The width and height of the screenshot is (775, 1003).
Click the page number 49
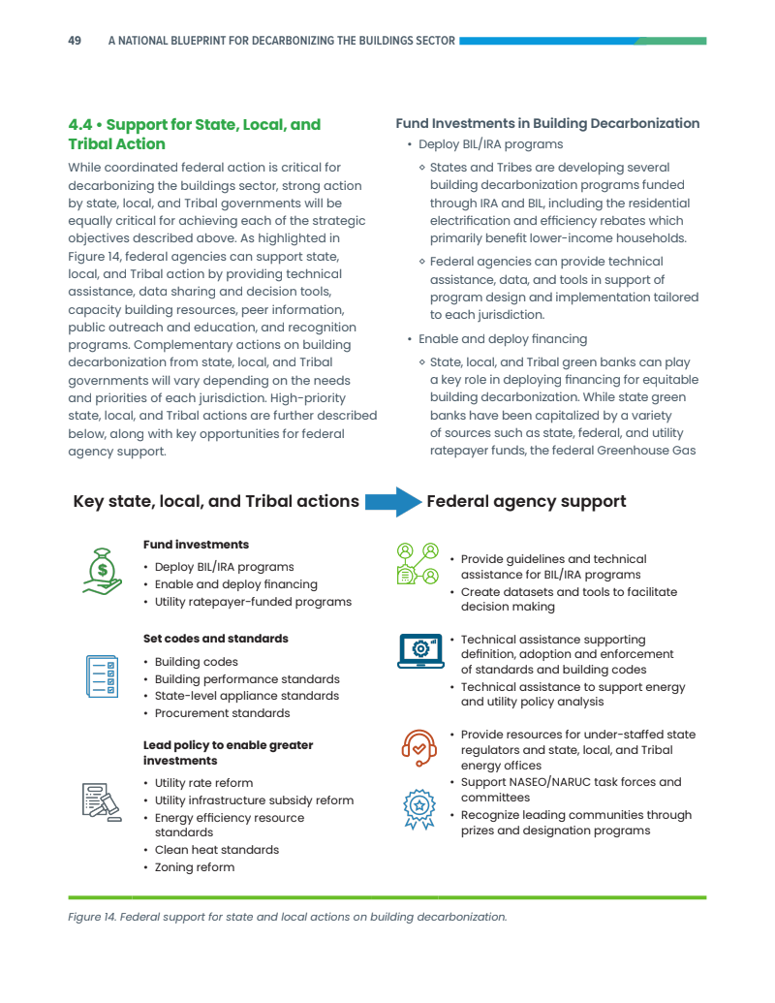pos(75,41)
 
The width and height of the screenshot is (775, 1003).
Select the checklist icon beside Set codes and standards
pos(102,675)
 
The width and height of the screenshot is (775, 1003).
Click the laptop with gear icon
pos(419,650)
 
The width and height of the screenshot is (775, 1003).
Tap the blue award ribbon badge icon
pos(418,809)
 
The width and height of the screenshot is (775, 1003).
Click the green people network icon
pos(418,564)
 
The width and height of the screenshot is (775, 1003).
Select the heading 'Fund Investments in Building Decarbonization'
pos(547,123)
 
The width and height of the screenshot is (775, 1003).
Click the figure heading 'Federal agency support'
pos(526,501)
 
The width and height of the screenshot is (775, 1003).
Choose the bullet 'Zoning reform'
pos(195,867)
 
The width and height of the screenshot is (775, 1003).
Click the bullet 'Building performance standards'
pos(247,679)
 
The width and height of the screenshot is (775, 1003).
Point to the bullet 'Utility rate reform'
pos(203,783)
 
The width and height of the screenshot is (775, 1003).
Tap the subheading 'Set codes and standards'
pos(215,639)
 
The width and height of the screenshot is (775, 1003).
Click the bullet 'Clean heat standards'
pos(217,850)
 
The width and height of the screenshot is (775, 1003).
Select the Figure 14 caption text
pos(287,916)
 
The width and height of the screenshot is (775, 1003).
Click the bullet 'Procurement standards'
pos(222,713)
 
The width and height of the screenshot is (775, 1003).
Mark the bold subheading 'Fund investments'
pos(196,545)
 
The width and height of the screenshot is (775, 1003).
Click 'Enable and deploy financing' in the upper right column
pos(503,339)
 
